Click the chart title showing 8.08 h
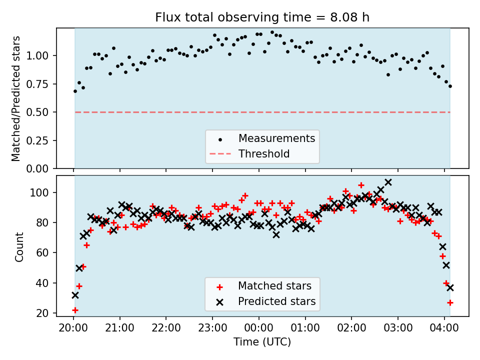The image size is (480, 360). coord(262,17)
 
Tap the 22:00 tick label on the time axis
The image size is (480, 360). coord(166,328)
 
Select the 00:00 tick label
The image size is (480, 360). coord(258,328)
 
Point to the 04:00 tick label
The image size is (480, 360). coord(444,328)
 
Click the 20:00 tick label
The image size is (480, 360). coord(73,328)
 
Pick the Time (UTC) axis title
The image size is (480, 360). coord(262,341)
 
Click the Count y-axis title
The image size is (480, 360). coord(19,247)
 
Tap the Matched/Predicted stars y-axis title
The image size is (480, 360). coord(15,98)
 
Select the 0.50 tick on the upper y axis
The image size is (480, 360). coord(37,112)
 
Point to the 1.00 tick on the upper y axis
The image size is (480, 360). coord(37,55)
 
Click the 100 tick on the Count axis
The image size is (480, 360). coord(39,193)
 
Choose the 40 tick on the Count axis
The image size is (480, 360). coord(42,283)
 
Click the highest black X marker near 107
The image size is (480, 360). coord(388,182)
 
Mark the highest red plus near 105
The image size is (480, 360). coord(361,185)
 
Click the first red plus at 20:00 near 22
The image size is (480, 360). coord(75,310)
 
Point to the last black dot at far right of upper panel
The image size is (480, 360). coord(450,86)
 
